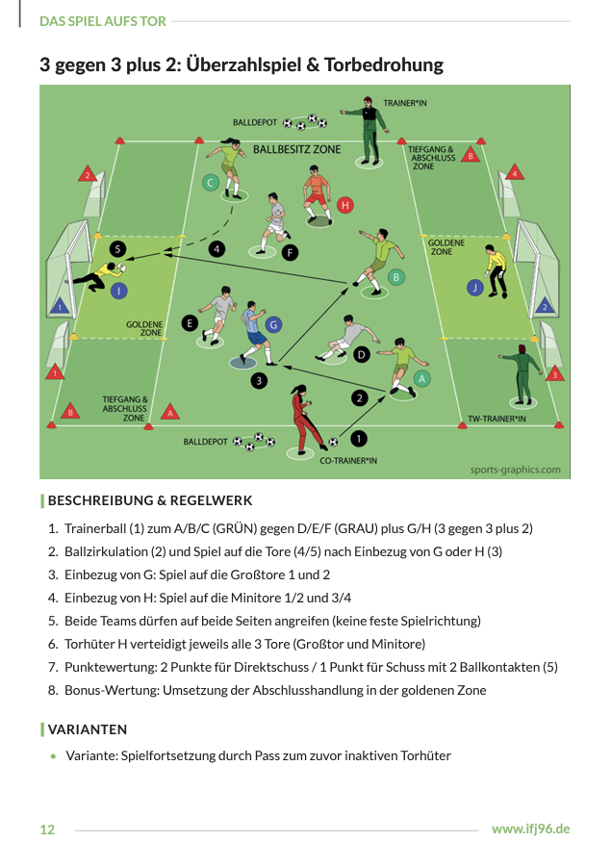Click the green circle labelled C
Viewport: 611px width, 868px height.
coord(211,183)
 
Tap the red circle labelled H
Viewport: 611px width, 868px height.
coord(345,205)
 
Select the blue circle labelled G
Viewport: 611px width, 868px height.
coord(273,325)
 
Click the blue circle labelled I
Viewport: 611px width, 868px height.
coord(118,289)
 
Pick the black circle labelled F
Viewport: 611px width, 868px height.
coord(291,253)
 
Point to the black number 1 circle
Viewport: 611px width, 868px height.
coord(359,439)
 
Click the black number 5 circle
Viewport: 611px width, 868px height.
coord(117,248)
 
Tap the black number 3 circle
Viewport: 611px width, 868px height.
coord(258,381)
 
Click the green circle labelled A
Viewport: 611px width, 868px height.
coord(423,378)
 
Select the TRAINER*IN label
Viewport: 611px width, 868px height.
coord(404,102)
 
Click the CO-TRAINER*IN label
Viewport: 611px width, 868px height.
coord(348,461)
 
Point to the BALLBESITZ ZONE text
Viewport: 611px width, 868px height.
coord(296,150)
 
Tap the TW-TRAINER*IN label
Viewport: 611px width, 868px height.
coord(496,420)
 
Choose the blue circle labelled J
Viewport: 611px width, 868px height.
coord(473,287)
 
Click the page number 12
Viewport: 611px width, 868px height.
coord(47,830)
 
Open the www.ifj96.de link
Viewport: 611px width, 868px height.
coord(530,829)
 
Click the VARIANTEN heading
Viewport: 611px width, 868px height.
coord(88,729)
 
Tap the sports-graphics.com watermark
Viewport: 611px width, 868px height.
coord(515,470)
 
